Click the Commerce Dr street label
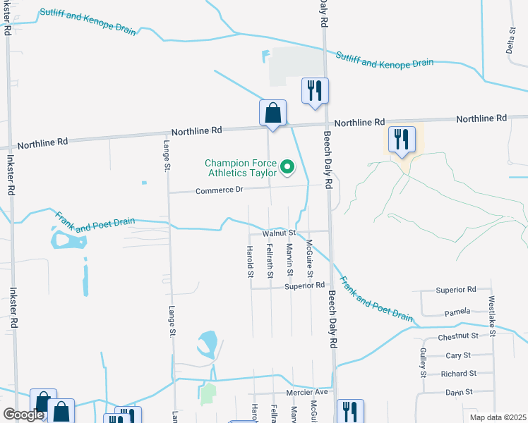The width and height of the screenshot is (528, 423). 219,190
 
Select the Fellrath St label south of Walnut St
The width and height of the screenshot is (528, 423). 270,259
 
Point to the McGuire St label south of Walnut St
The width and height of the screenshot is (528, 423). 309,259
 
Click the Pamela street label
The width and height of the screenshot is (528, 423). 457,312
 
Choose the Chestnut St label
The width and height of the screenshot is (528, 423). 458,338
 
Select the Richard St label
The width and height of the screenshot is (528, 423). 458,374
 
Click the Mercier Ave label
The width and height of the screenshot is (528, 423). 307,392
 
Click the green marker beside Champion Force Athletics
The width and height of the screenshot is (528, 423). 287,167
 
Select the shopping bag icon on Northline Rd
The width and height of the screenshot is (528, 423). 272,113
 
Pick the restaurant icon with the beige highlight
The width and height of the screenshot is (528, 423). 402,138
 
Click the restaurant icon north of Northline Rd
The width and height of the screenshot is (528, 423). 315,91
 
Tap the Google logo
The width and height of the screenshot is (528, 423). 23,415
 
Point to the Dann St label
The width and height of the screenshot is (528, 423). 458,392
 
